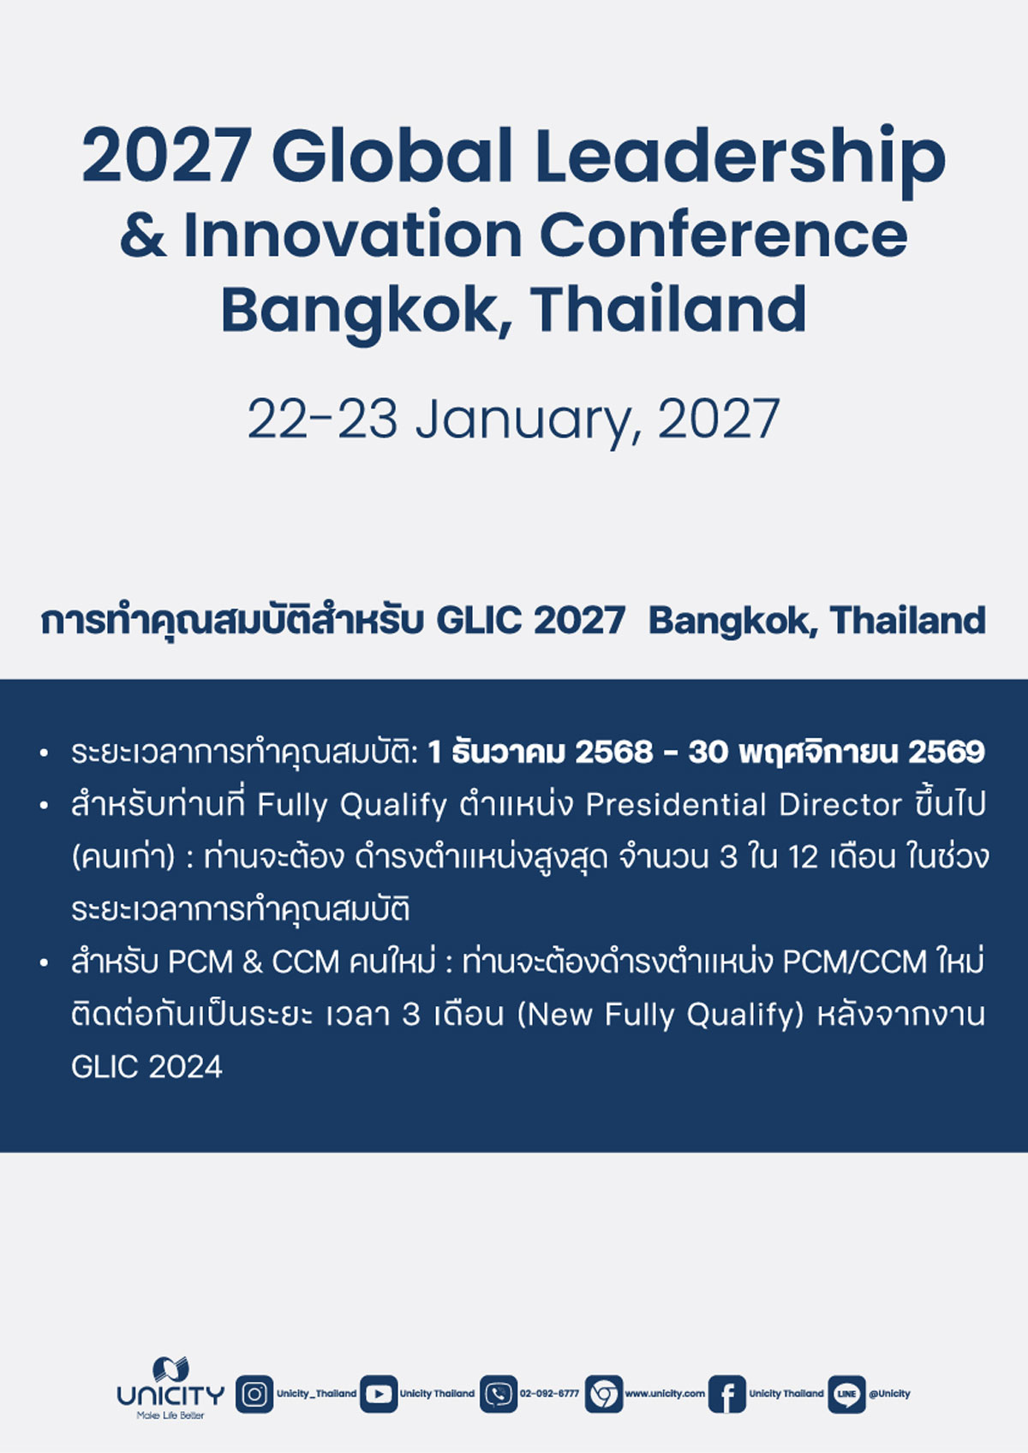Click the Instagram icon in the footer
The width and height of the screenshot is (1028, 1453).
pyautogui.click(x=254, y=1394)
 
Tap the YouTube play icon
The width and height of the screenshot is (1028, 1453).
pyautogui.click(x=379, y=1394)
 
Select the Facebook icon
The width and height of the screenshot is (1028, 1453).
pyautogui.click(x=726, y=1394)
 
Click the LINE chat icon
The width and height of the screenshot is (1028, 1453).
pyautogui.click(x=847, y=1394)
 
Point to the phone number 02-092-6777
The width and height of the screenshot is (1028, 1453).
pyautogui.click(x=549, y=1393)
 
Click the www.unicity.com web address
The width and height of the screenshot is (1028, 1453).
pyautogui.click(x=665, y=1393)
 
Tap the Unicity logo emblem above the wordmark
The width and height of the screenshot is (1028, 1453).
pyautogui.click(x=170, y=1369)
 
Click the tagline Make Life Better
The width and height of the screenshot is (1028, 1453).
pyautogui.click(x=170, y=1414)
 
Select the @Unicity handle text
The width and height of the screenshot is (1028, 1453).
pyautogui.click(x=889, y=1393)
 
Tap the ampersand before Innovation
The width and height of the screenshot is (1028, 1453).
pyautogui.click(x=143, y=234)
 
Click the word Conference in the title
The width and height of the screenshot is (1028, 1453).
pyautogui.click(x=723, y=234)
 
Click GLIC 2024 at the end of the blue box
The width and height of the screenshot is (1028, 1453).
pyautogui.click(x=147, y=1067)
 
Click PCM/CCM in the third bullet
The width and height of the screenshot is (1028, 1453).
pyautogui.click(x=854, y=962)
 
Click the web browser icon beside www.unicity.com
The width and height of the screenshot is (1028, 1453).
pyautogui.click(x=604, y=1394)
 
